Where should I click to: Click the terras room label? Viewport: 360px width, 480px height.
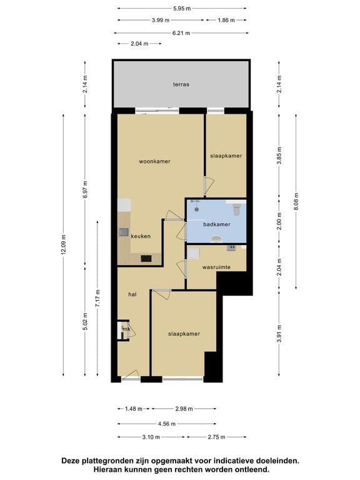[x=181, y=84]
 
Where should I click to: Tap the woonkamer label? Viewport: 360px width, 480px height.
[x=154, y=161]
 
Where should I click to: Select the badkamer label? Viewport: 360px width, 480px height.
[x=217, y=224]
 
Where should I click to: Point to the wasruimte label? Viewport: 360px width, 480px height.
[x=216, y=267]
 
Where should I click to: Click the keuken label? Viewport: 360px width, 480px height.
[x=141, y=236]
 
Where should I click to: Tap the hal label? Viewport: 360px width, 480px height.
[x=132, y=294]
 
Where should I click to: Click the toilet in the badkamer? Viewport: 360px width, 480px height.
[x=237, y=209]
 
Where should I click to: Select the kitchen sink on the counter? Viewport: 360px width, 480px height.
[x=124, y=232]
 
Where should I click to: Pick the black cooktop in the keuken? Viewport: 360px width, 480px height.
[x=146, y=259]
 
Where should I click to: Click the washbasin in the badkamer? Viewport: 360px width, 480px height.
[x=217, y=239]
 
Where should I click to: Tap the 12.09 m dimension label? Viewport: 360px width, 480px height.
[x=63, y=244]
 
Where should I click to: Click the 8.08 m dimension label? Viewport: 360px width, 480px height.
[x=296, y=201]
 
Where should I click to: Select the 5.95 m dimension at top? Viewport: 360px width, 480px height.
[x=182, y=9]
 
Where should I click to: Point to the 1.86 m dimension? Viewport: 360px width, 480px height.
[x=226, y=21]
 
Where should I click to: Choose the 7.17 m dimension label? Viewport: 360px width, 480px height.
[x=97, y=299]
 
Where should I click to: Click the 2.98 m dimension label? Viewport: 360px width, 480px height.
[x=184, y=409]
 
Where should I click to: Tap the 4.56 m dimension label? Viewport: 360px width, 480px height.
[x=167, y=424]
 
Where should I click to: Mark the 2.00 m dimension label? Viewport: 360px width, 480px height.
[x=279, y=221]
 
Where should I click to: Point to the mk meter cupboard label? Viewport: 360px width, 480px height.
[x=126, y=329]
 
